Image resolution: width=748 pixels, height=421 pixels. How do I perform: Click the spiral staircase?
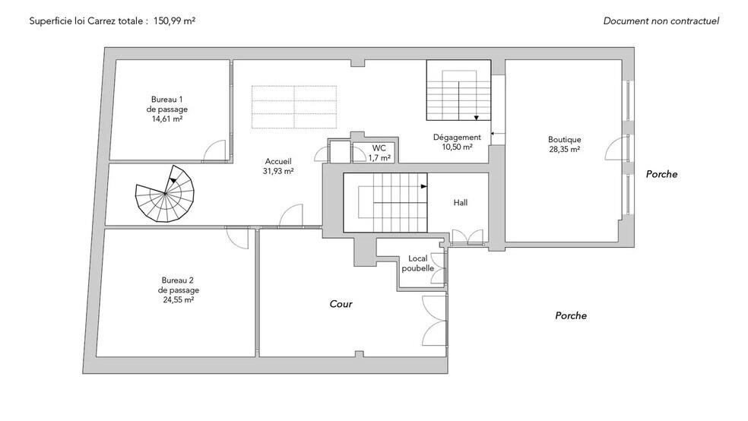(x=165, y=194)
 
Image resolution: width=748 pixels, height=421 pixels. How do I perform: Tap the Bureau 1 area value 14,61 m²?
(x=167, y=119)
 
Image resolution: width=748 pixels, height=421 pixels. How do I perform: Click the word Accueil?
(x=278, y=162)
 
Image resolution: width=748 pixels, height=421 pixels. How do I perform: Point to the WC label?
(x=379, y=148)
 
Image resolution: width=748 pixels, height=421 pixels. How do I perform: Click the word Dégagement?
(x=457, y=138)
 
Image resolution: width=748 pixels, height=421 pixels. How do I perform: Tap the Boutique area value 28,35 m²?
(x=564, y=149)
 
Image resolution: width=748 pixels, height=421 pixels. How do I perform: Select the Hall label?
(x=461, y=203)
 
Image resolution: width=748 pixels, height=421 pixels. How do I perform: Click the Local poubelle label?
(x=418, y=263)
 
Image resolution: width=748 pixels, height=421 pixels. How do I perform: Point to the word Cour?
(x=341, y=304)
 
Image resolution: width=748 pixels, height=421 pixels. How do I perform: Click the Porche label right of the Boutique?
(x=661, y=174)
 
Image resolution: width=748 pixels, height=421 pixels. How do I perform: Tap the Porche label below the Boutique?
(x=571, y=315)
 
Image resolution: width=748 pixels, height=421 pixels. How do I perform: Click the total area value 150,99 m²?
(x=174, y=21)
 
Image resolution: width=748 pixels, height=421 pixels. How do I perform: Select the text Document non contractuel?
(x=661, y=21)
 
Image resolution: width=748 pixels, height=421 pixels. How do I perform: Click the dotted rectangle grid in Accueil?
(x=294, y=107)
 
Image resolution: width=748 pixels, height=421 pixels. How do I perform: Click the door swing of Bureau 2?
(x=237, y=239)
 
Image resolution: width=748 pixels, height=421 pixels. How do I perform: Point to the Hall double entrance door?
(x=467, y=237)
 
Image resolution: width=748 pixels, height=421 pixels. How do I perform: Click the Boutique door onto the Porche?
(x=616, y=147)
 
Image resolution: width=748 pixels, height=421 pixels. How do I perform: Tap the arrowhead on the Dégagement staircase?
(x=476, y=118)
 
